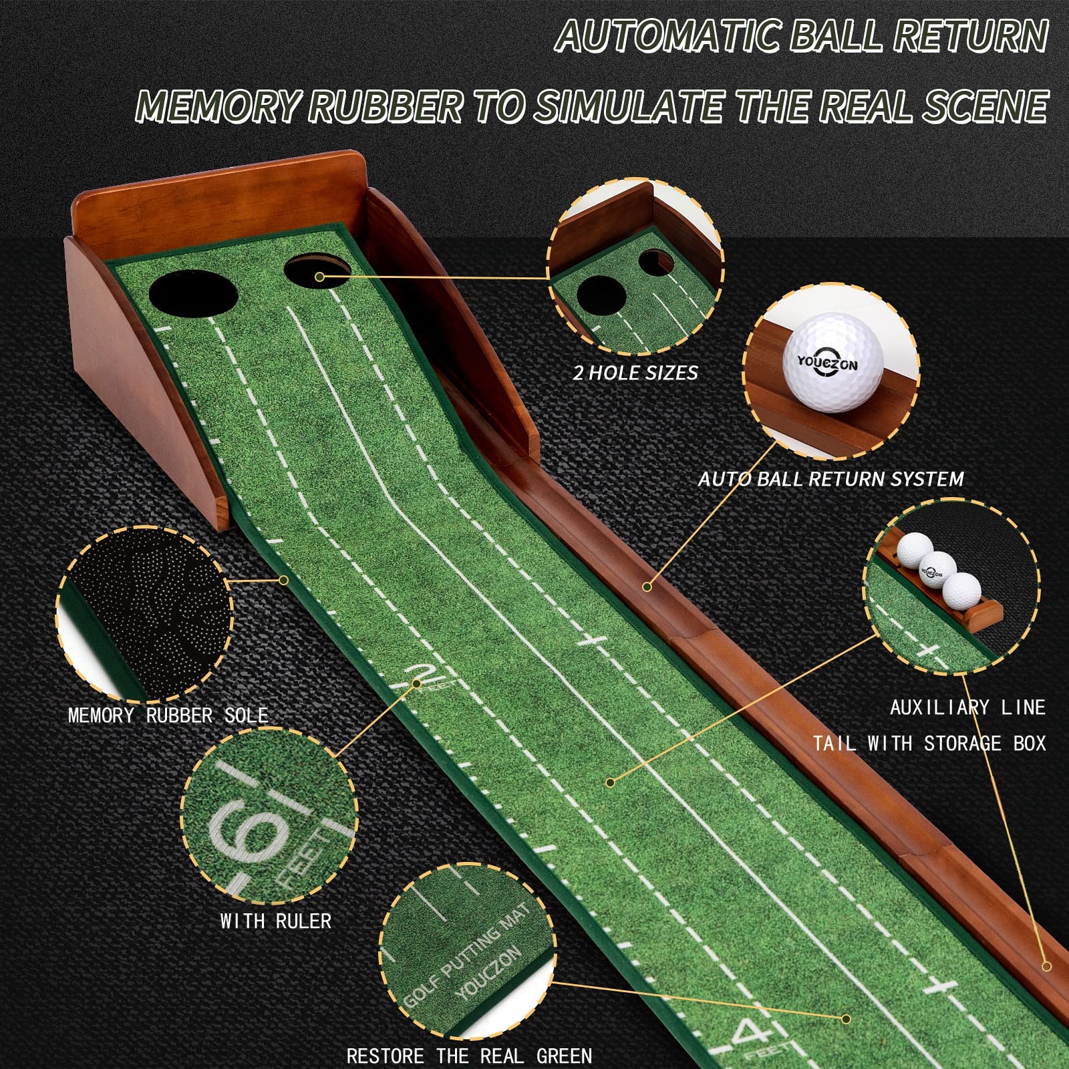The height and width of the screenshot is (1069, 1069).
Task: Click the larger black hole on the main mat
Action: click(x=193, y=292)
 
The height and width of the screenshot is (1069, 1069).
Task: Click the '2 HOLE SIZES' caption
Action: click(x=635, y=373)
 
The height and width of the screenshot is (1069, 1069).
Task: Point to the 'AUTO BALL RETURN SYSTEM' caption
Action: click(x=830, y=479)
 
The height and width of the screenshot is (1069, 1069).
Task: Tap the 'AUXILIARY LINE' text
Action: click(x=967, y=708)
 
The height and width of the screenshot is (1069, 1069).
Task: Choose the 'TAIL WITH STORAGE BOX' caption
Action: click(x=929, y=743)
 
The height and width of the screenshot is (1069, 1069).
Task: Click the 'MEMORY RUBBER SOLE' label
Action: click(x=168, y=716)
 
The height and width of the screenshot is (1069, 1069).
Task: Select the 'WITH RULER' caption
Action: click(x=276, y=921)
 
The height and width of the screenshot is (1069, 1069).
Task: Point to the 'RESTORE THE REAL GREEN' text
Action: click(x=469, y=1056)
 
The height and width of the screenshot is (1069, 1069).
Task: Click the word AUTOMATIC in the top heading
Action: click(x=668, y=37)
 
